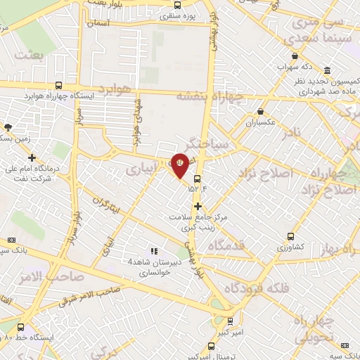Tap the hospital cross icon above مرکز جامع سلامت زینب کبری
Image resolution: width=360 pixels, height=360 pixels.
pyautogui.click(x=198, y=207)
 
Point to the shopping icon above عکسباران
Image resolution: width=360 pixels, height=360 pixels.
pyautogui.click(x=261, y=111)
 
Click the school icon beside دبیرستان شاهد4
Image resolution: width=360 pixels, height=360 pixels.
pyautogui.click(x=154, y=251)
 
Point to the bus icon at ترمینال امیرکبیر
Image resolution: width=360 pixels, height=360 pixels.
pyautogui.click(x=212, y=346)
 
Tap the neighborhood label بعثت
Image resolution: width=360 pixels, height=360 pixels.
pyautogui.click(x=30, y=55)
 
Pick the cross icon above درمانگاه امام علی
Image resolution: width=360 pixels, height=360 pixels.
pyautogui.click(x=32, y=157)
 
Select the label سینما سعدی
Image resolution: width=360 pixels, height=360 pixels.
pyautogui.click(x=324, y=37)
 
